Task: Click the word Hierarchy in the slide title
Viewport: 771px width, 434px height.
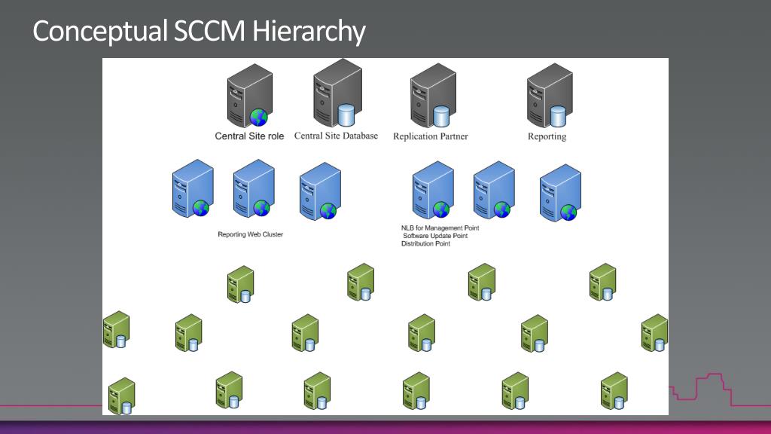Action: pyautogui.click(x=309, y=31)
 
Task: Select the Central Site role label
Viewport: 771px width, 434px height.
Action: pyautogui.click(x=249, y=136)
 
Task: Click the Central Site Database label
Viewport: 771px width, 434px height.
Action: pyautogui.click(x=336, y=136)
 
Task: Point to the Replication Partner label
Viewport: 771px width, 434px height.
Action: pyautogui.click(x=430, y=136)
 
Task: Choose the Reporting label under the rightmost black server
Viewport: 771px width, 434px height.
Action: pyautogui.click(x=547, y=136)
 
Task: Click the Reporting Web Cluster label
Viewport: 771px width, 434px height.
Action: pyautogui.click(x=250, y=234)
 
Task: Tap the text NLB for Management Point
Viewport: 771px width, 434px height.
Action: pyautogui.click(x=440, y=228)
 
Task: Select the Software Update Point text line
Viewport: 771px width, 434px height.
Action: pyautogui.click(x=435, y=236)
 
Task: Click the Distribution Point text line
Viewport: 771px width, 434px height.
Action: pyautogui.click(x=425, y=244)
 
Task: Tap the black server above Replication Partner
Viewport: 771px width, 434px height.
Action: pyautogui.click(x=431, y=96)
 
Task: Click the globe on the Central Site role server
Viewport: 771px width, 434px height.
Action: pyautogui.click(x=259, y=117)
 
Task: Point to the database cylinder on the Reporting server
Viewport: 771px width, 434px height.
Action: pyautogui.click(x=558, y=116)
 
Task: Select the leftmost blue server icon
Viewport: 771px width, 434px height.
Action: pyautogui.click(x=192, y=188)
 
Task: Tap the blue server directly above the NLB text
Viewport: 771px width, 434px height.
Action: pyautogui.click(x=432, y=191)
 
